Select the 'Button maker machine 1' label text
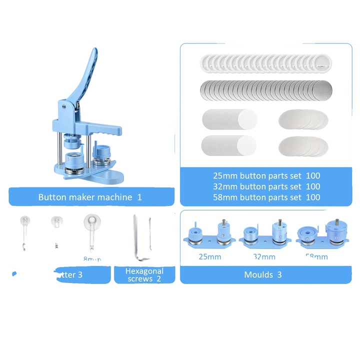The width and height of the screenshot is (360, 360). pos(90,197)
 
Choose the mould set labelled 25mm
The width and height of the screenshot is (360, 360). pos(210,235)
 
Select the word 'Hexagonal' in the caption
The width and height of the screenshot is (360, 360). pos(144,270)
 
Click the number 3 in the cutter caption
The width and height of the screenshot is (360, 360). pos(80,274)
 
